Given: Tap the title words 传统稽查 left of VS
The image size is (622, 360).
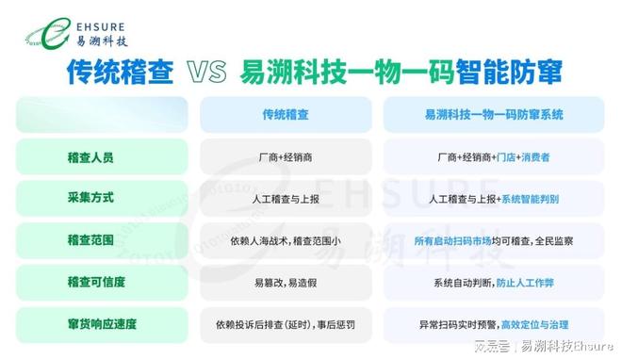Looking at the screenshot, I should tap(121, 73).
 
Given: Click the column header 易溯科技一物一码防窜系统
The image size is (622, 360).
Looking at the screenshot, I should tap(494, 114).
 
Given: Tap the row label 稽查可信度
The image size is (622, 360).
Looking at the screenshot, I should tap(96, 282).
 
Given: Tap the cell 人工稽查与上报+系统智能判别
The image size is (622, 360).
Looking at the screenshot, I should tap(494, 199).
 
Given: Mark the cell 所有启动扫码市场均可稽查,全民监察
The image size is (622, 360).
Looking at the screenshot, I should tap(494, 240).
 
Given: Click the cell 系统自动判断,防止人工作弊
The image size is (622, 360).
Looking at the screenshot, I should tap(494, 282).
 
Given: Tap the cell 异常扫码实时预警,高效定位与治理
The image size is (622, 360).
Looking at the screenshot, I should tap(494, 324).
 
